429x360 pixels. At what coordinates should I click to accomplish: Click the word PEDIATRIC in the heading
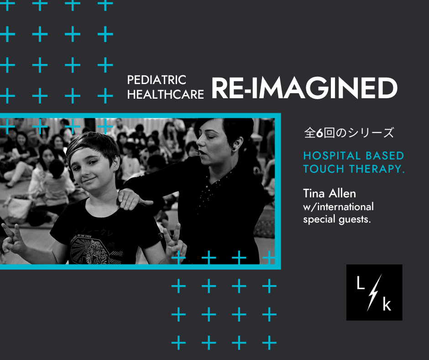click(x=157, y=80)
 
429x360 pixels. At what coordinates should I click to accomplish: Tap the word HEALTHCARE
click(x=166, y=95)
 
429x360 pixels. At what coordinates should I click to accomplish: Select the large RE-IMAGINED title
click(x=304, y=88)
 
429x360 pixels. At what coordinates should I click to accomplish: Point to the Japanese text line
click(x=349, y=133)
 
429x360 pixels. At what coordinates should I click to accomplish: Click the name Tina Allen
click(x=330, y=193)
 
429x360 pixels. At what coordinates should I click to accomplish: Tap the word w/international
click(x=338, y=207)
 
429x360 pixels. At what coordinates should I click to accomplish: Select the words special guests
click(x=337, y=219)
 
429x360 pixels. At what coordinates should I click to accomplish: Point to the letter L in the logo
click(x=361, y=283)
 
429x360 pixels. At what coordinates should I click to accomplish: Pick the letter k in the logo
click(x=387, y=304)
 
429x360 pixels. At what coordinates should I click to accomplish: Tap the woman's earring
click(x=234, y=148)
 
